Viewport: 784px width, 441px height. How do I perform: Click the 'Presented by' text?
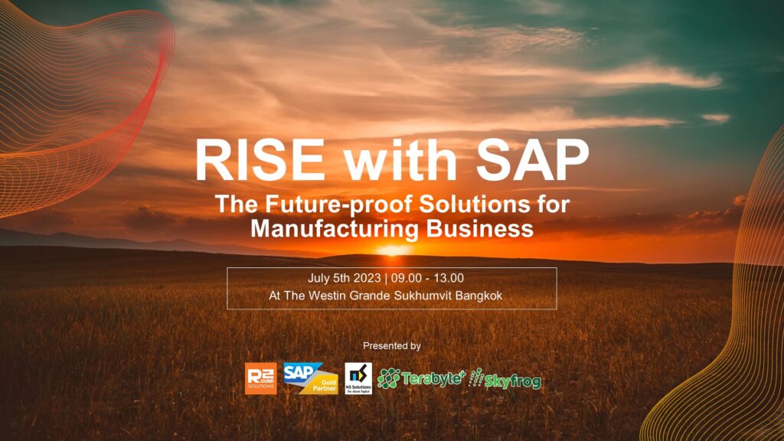392,346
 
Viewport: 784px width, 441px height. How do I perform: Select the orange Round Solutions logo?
260,378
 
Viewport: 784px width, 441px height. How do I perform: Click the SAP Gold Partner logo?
310,377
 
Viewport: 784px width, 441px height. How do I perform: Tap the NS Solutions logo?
358,378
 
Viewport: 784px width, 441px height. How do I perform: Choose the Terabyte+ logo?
420,377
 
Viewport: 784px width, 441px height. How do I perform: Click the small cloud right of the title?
716,118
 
